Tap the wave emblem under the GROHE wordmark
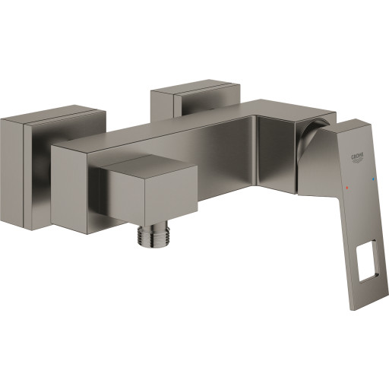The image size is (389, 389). click(x=357, y=160)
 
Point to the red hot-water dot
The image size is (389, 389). click(x=346, y=188)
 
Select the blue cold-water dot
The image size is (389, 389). click(x=372, y=179)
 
